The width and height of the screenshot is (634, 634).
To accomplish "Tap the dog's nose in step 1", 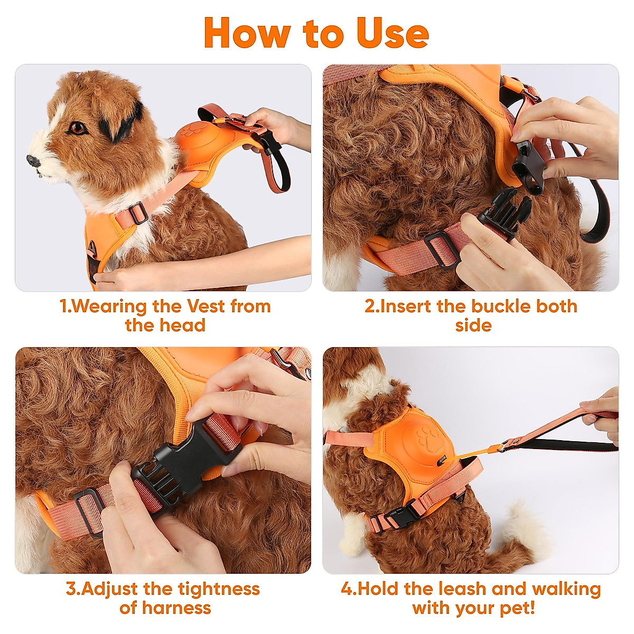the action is pyautogui.click(x=34, y=160).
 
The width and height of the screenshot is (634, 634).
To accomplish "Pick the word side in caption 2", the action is pyautogui.click(x=473, y=325).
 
